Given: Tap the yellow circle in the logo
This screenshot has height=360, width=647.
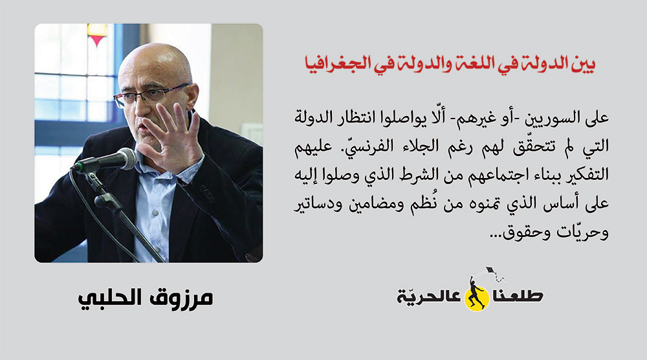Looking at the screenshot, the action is coord(477,298).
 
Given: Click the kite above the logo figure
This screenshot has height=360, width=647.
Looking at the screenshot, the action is coord(490,271).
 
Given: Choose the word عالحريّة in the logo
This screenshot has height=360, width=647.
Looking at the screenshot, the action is coord(429,296).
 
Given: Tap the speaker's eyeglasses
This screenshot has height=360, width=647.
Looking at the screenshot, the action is coord(151,96).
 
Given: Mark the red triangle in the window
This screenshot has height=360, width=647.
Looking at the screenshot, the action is coord(98,40).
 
